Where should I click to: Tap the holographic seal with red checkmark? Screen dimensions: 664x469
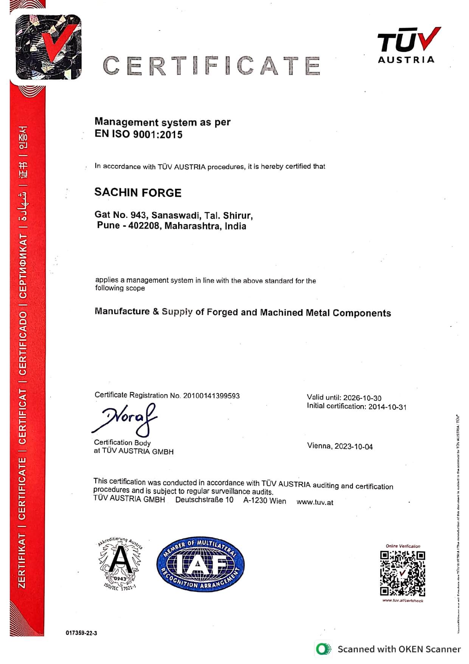pyautogui.click(x=48, y=47)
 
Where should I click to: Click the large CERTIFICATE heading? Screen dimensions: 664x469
pyautogui.click(x=211, y=65)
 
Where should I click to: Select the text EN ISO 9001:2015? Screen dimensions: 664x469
pyautogui.click(x=138, y=134)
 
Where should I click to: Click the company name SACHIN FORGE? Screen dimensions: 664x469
pyautogui.click(x=138, y=193)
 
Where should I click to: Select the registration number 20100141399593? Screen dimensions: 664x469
pyautogui.click(x=211, y=396)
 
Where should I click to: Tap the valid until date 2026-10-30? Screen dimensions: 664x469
pyautogui.click(x=362, y=398)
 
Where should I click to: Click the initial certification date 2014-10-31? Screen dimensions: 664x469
pyautogui.click(x=387, y=407)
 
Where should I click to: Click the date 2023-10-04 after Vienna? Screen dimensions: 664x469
pyautogui.click(x=354, y=447)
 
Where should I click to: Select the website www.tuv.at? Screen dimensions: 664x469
pyautogui.click(x=315, y=502)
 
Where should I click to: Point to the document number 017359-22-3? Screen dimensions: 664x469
pyautogui.click(x=81, y=633)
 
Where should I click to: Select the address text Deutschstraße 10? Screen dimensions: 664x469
pyautogui.click(x=204, y=500)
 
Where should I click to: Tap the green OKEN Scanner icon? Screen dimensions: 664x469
pyautogui.click(x=323, y=649)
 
